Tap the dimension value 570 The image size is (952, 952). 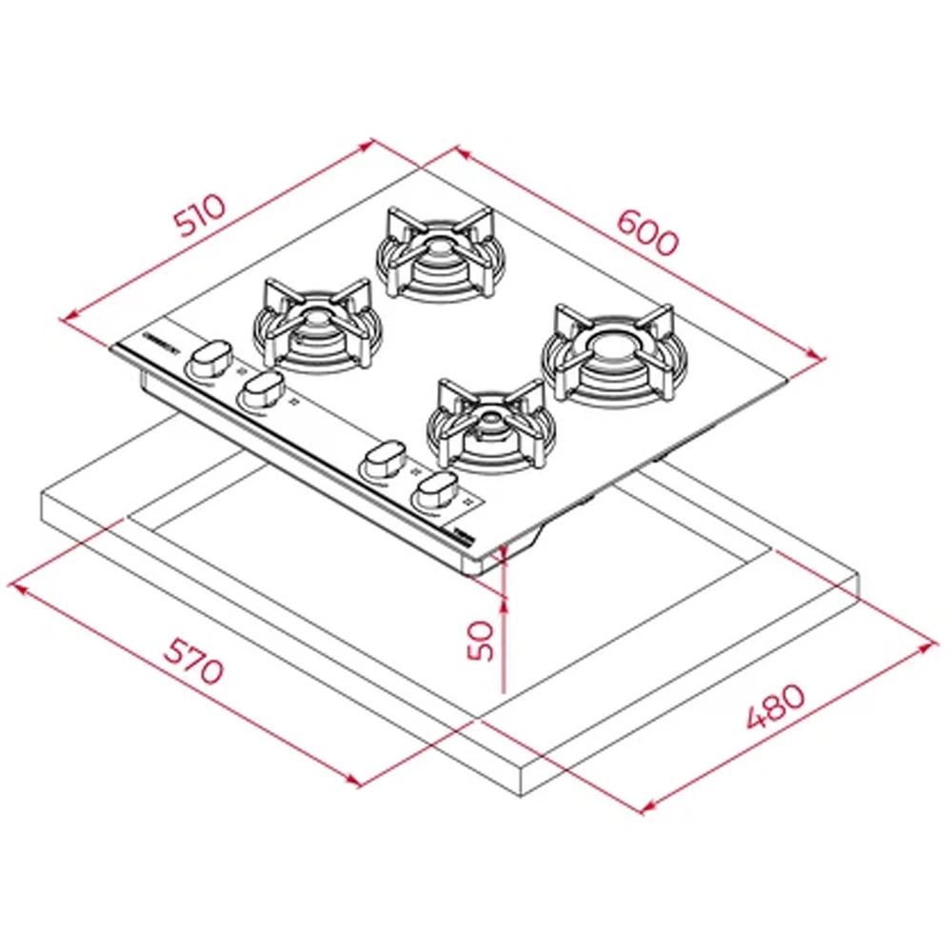click(x=193, y=660)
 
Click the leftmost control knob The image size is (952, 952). click(x=209, y=359)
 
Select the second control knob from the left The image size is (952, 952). click(x=261, y=389)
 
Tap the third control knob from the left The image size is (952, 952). click(x=383, y=461)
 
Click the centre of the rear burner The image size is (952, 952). click(x=437, y=249)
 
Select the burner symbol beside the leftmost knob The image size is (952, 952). click(x=239, y=372)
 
